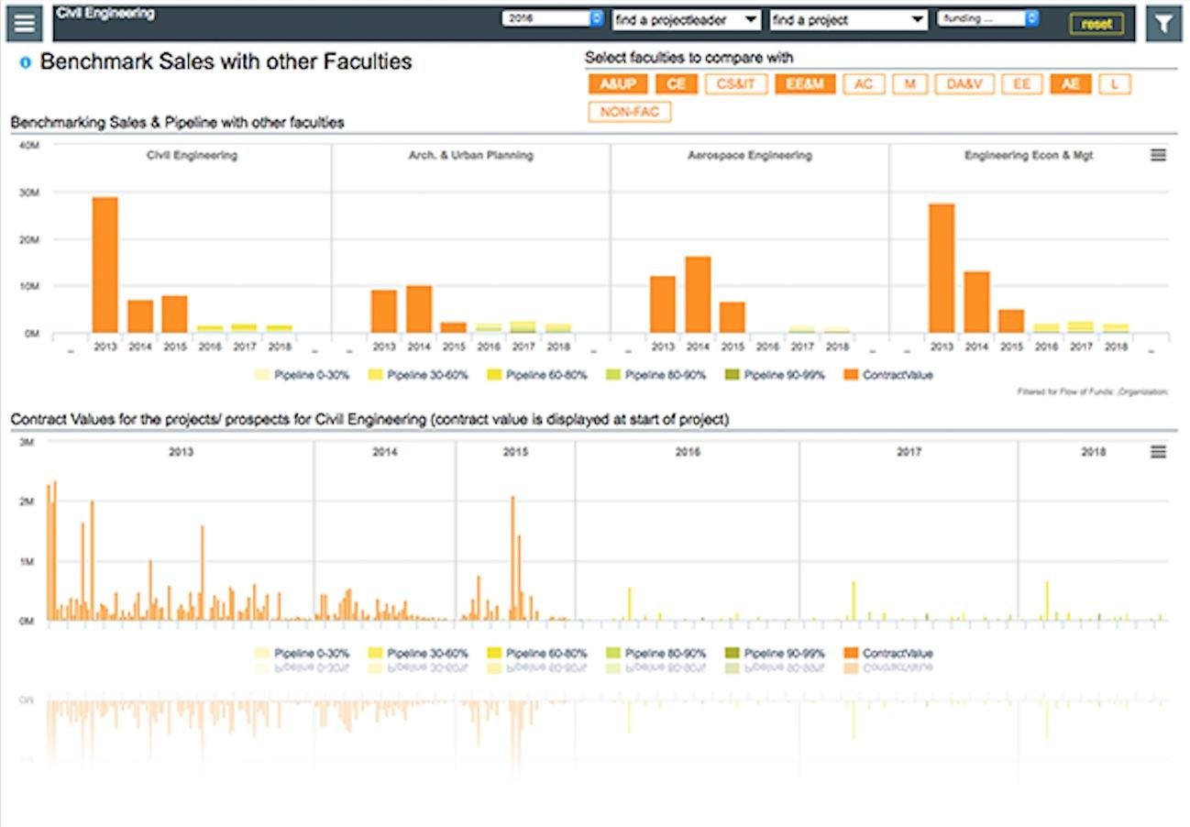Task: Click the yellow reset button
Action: click(1096, 24)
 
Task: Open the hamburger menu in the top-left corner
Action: click(24, 24)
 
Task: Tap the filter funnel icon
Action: click(1163, 24)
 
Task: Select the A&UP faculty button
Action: click(617, 84)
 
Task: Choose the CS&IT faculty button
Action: click(736, 84)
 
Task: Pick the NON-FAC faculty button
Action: click(630, 113)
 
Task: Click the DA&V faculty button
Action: click(964, 84)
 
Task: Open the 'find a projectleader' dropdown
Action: click(686, 19)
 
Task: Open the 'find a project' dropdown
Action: click(848, 19)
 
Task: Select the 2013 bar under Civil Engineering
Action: click(105, 265)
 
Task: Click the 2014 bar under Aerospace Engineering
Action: click(698, 294)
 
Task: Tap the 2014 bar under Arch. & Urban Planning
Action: click(419, 309)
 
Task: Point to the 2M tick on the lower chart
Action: click(26, 502)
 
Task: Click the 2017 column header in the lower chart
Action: click(909, 452)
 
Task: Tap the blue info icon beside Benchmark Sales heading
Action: click(26, 63)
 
